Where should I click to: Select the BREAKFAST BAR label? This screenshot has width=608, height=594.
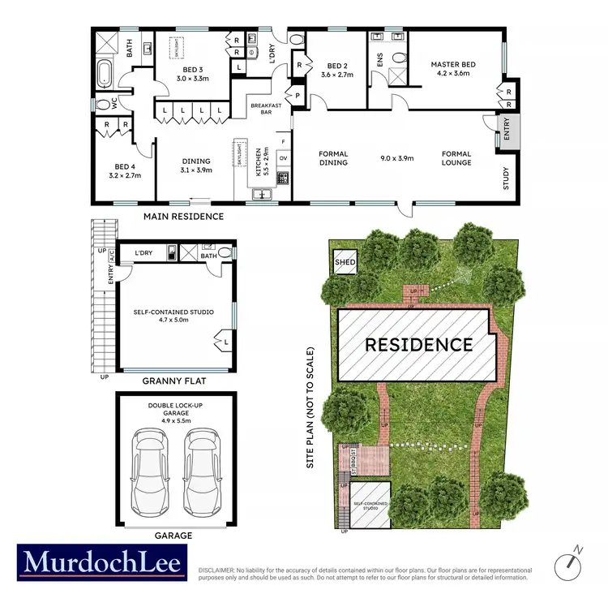click(265, 110)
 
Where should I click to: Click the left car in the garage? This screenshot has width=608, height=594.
click(151, 471)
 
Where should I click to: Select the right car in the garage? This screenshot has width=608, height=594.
click(201, 471)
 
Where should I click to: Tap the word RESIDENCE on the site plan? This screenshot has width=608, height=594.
click(418, 344)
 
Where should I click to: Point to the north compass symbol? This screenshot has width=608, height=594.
click(571, 562)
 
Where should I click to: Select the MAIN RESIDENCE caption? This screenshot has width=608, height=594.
click(183, 217)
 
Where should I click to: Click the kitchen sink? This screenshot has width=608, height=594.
click(263, 193)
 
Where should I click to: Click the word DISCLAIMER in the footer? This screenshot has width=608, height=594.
click(216, 570)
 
